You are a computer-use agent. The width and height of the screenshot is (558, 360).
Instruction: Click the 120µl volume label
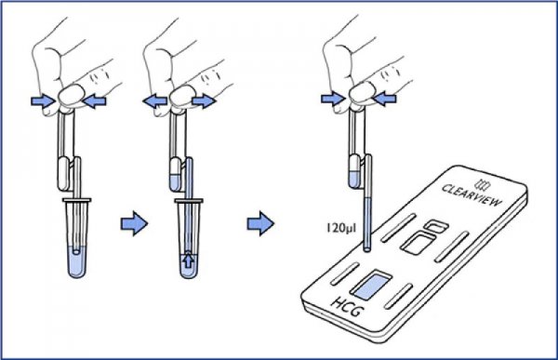tap(341, 228)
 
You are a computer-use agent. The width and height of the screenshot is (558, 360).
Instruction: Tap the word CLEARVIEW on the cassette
tap(472, 195)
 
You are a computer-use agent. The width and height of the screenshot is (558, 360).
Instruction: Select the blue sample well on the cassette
tap(371, 286)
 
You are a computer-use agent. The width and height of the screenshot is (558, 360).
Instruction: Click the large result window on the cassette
tap(418, 244)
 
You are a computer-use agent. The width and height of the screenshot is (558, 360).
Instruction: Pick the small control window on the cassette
tap(435, 226)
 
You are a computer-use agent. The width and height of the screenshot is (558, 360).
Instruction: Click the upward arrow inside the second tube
tap(188, 261)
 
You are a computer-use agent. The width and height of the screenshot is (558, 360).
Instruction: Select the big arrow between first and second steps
tap(134, 223)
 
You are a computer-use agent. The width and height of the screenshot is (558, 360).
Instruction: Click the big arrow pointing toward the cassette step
tap(260, 223)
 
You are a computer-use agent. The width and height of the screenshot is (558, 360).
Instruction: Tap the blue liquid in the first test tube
tap(76, 261)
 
